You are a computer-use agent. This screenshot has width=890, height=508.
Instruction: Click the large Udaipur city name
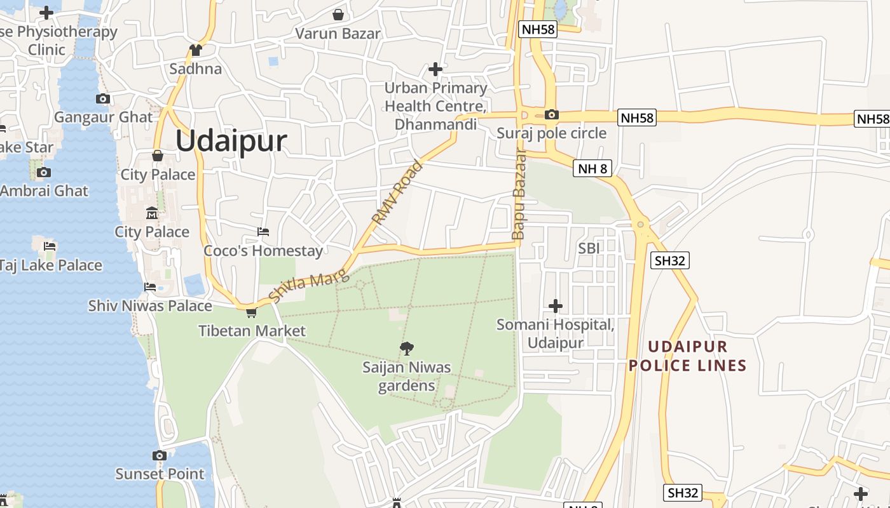231,141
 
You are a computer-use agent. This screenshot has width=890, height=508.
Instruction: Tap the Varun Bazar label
338,34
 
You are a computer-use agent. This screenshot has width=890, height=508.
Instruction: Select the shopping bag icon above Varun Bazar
338,14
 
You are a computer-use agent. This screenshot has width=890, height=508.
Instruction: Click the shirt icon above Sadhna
195,50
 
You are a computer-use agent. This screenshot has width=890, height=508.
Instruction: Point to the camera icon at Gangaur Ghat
103,98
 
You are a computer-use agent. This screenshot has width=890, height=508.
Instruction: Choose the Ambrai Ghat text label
44,190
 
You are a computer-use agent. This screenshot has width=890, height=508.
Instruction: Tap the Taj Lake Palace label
50,265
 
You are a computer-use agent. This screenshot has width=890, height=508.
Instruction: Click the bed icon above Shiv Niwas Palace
150,287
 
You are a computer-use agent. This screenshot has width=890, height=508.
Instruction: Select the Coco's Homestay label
263,251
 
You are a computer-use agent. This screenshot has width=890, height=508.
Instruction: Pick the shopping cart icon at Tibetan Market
251,312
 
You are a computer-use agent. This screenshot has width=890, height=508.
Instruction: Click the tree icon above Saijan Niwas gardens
407,347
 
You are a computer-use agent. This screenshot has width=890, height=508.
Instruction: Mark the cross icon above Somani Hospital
556,306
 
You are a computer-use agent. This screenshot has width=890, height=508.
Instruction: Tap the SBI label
589,248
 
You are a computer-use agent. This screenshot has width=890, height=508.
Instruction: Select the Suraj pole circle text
551,133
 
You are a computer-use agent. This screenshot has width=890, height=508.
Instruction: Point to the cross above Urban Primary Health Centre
435,69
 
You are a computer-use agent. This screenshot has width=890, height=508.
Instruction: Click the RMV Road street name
397,194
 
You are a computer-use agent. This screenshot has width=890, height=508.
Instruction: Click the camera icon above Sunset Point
160,455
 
